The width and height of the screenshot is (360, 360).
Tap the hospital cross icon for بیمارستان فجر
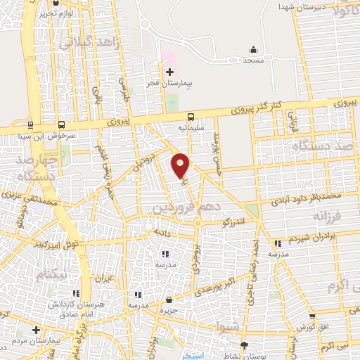pos(169,72)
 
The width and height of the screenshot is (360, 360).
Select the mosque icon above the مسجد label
pos(254,49)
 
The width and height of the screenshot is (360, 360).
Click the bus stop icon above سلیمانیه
pos(190,117)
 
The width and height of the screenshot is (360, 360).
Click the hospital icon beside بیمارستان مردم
pos(36,329)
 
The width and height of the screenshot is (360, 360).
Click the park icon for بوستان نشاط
pos(244,345)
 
